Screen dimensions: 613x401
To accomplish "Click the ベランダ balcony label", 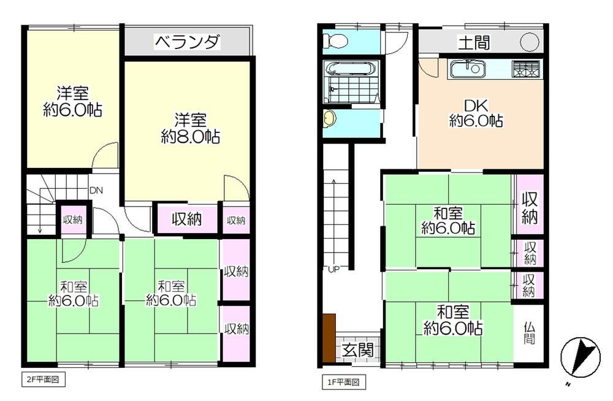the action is click(188, 42).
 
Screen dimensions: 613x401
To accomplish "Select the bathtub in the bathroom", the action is click(351, 69).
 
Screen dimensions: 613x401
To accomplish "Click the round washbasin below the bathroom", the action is click(330, 118).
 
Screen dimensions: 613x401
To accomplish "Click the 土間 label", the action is click(474, 43).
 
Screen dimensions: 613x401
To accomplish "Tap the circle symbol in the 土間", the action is click(530, 42).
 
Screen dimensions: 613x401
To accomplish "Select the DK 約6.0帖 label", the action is click(476, 113).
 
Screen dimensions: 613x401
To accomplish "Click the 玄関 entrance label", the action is click(357, 349).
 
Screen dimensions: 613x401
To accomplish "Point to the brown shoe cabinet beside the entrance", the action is click(329, 338).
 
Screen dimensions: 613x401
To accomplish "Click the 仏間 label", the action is click(529, 332).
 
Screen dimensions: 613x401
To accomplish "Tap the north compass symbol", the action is click(580, 357).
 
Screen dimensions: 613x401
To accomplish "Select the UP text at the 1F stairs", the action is click(333, 269).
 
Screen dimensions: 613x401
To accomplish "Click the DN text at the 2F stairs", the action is click(96, 191).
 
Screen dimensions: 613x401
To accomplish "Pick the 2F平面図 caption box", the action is click(43, 380).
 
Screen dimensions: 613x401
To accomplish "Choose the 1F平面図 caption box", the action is click(344, 382).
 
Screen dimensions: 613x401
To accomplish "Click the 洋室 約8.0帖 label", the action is click(191, 128).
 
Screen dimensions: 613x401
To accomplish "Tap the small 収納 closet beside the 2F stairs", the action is click(73, 220).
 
